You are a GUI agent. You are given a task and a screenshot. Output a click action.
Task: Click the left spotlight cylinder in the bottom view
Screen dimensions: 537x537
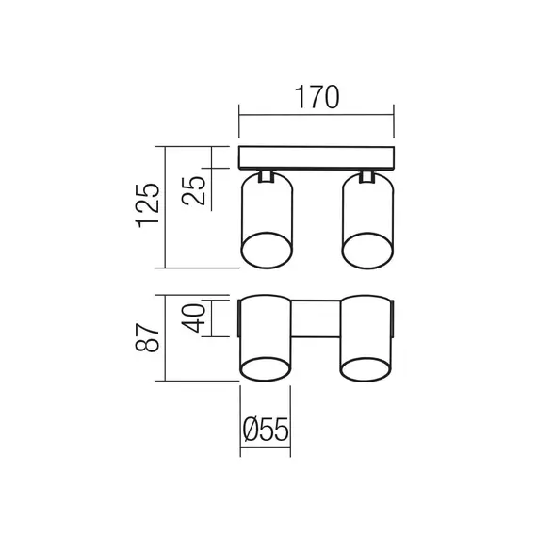point(267,330)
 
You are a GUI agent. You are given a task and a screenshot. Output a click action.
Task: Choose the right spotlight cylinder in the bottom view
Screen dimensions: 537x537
point(366,330)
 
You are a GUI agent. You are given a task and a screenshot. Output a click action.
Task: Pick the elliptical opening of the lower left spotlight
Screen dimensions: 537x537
point(267,368)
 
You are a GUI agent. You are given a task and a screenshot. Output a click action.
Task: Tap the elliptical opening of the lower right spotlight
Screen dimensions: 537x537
point(366,368)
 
